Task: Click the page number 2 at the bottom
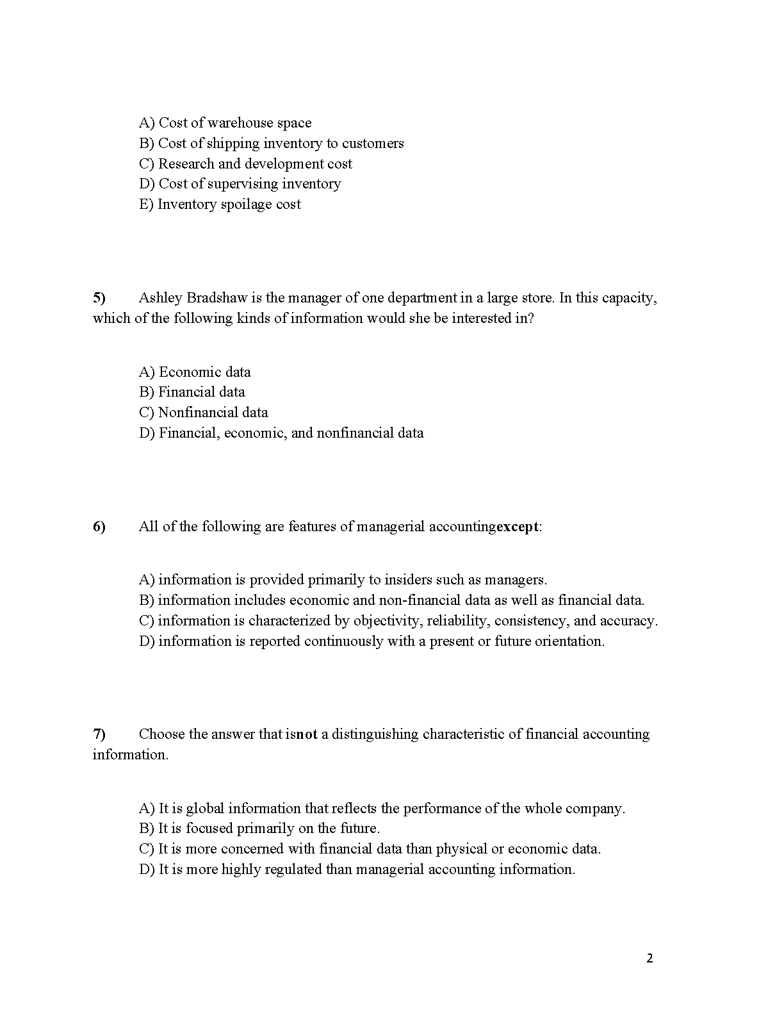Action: (x=649, y=959)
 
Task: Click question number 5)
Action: (x=99, y=298)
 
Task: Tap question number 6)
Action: (x=99, y=527)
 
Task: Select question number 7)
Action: (x=99, y=734)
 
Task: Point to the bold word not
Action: (x=307, y=734)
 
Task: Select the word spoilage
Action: (x=246, y=204)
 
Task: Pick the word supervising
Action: (x=243, y=184)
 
